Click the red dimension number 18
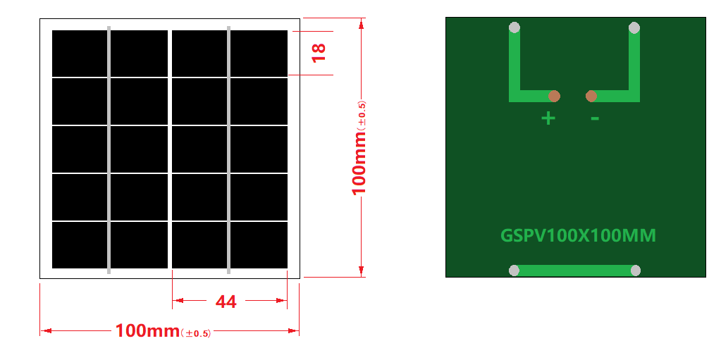[319, 51]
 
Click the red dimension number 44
[226, 302]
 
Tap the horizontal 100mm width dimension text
[147, 330]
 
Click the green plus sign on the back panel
[548, 118]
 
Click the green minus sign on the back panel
[595, 118]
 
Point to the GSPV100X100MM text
[578, 235]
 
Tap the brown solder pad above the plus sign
[555, 96]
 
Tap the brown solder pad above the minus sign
[591, 96]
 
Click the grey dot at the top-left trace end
[514, 28]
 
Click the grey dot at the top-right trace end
[634, 28]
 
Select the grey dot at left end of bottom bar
[514, 271]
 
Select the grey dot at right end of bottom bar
[636, 271]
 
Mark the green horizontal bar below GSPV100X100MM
[575, 271]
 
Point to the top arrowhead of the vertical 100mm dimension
[362, 23]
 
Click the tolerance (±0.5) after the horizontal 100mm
[196, 333]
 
